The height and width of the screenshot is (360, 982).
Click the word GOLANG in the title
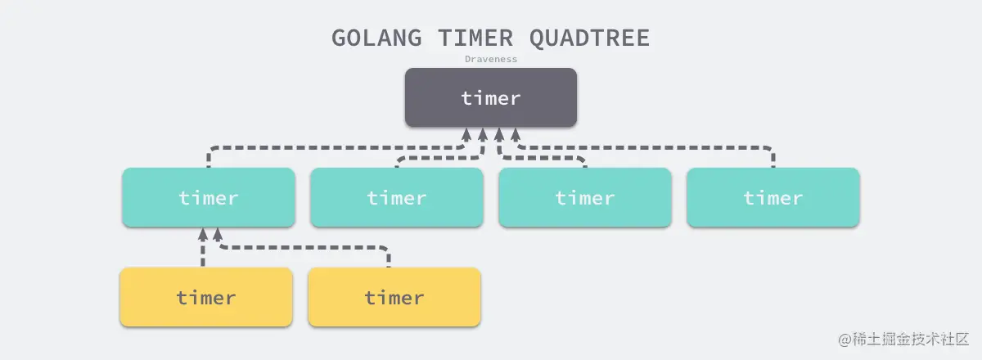(x=376, y=38)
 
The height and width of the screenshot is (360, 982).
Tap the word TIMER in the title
(x=475, y=38)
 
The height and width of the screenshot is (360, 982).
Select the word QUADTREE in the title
(x=590, y=38)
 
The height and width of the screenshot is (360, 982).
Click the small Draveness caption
(x=491, y=59)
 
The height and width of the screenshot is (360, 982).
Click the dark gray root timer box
(x=491, y=97)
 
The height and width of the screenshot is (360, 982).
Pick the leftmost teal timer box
(x=209, y=197)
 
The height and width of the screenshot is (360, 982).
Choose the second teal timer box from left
(x=397, y=197)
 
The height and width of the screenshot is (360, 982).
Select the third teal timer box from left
(x=585, y=197)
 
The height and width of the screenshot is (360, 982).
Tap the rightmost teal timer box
(x=773, y=197)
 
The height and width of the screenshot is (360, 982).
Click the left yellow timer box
(x=206, y=297)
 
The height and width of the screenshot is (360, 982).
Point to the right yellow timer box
(x=394, y=297)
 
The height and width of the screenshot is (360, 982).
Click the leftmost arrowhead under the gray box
(x=466, y=135)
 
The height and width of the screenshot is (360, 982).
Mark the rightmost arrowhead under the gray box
(x=516, y=135)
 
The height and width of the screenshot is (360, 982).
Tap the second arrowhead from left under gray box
(x=483, y=135)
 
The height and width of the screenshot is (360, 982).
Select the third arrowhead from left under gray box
(x=499, y=135)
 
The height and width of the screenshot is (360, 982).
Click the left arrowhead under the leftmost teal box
(x=203, y=235)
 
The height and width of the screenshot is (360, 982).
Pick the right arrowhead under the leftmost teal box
(x=218, y=235)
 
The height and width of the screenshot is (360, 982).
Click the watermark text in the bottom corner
(x=903, y=339)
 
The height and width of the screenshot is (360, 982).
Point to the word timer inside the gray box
(x=491, y=98)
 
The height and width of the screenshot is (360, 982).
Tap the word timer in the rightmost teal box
(x=773, y=198)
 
